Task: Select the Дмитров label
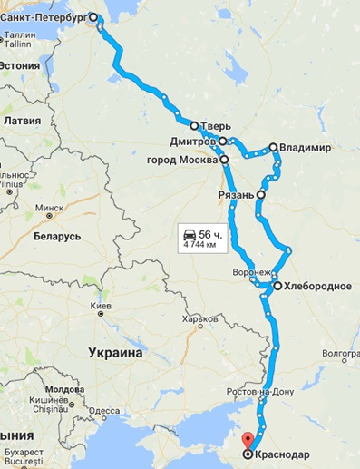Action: (191, 142)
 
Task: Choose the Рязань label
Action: (236, 194)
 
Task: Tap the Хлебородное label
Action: (317, 286)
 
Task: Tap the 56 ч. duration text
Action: (211, 231)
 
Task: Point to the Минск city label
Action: (50, 208)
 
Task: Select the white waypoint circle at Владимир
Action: (272, 147)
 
